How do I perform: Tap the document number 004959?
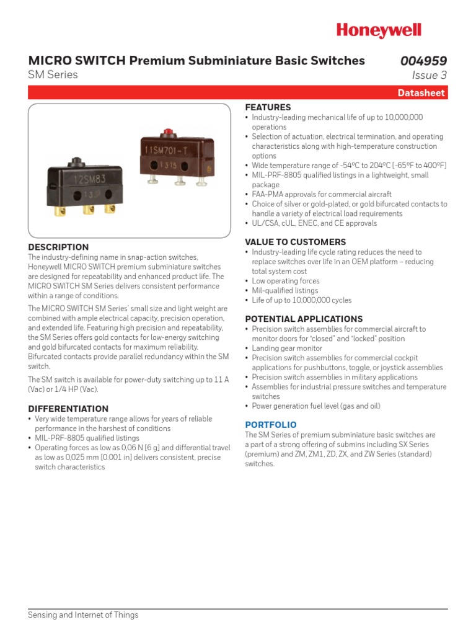(x=423, y=61)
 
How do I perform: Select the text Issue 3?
(x=429, y=76)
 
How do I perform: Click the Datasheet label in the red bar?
(x=421, y=93)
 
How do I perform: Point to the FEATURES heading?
(x=268, y=107)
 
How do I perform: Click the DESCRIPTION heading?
(x=58, y=247)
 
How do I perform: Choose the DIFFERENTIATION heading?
(x=68, y=409)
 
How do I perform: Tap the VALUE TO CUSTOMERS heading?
(x=296, y=242)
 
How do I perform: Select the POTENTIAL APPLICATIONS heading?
(x=304, y=319)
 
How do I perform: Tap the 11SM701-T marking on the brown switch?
(x=168, y=150)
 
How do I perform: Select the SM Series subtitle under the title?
(x=53, y=75)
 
